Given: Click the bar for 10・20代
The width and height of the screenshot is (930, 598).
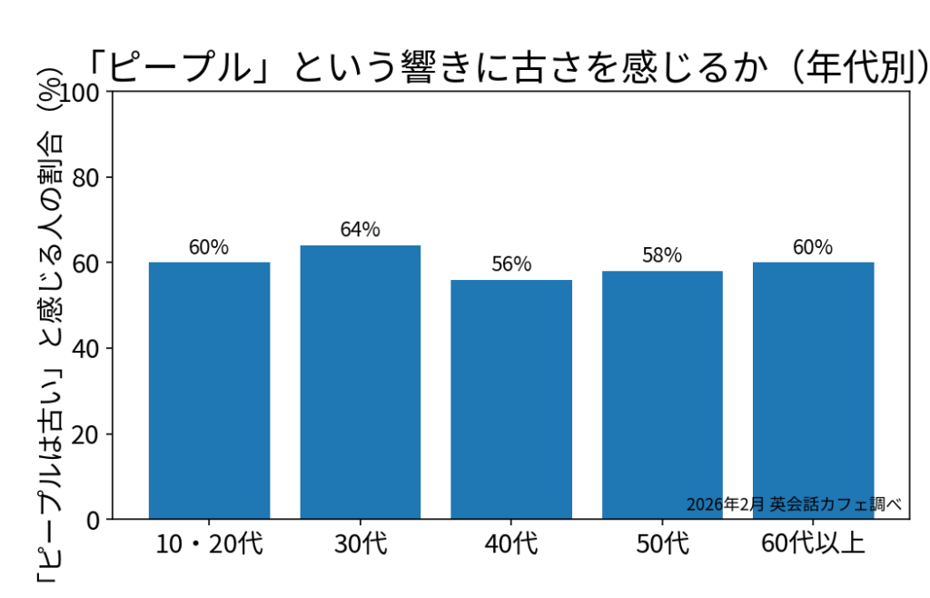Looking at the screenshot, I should tap(209, 391).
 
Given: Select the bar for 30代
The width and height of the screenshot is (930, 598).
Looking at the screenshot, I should tap(361, 382).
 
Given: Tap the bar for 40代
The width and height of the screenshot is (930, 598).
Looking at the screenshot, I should tap(511, 400).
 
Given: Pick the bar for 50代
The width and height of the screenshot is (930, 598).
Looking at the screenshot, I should tap(662, 395).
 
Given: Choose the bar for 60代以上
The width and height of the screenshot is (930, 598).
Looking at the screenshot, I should tap(813, 391).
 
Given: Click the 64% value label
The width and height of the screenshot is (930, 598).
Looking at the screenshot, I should tap(361, 230).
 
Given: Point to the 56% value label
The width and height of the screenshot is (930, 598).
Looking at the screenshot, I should tap(511, 264).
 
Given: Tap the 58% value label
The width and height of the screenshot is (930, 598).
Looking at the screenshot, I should tap(662, 255).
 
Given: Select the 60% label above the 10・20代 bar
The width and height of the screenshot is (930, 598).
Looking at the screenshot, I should tap(209, 247).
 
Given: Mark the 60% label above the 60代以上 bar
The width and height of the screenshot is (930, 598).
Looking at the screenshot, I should tap(813, 247).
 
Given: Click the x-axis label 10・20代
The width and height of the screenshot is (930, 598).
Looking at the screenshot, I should tap(209, 544).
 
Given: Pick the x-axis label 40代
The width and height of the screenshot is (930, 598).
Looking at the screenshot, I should tap(511, 544).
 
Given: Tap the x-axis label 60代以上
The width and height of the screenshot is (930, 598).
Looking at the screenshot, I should tap(813, 544).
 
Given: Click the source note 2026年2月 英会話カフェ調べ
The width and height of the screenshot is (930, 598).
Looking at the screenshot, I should tap(794, 504).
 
